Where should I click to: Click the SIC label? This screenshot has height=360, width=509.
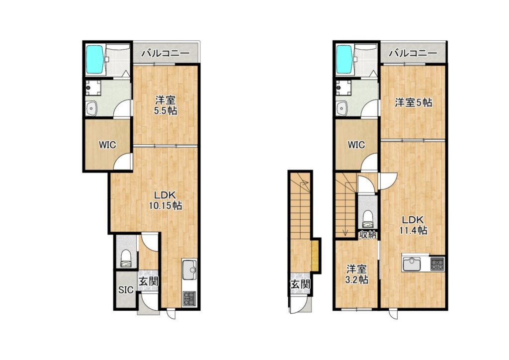coord(126,289)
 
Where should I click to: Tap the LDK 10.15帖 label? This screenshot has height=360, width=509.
coord(165,200)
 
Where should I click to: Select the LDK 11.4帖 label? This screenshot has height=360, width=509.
coord(413,225)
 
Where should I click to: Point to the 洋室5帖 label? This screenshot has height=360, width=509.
coord(413,103)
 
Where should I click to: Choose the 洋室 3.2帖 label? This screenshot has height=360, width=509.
coord(356,274)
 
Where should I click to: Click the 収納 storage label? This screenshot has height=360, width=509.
coord(368,234)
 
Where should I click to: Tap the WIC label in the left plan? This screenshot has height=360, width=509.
coord(107,145)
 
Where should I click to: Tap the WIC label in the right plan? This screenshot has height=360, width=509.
coord(356,145)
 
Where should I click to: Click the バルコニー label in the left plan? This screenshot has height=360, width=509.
coord(165,53)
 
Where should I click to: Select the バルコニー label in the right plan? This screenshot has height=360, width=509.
coord(413,53)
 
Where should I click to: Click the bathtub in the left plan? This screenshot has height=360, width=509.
coord(95,59)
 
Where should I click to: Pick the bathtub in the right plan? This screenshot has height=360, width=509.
coord(344,59)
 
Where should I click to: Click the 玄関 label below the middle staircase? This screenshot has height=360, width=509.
coord(300,285)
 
